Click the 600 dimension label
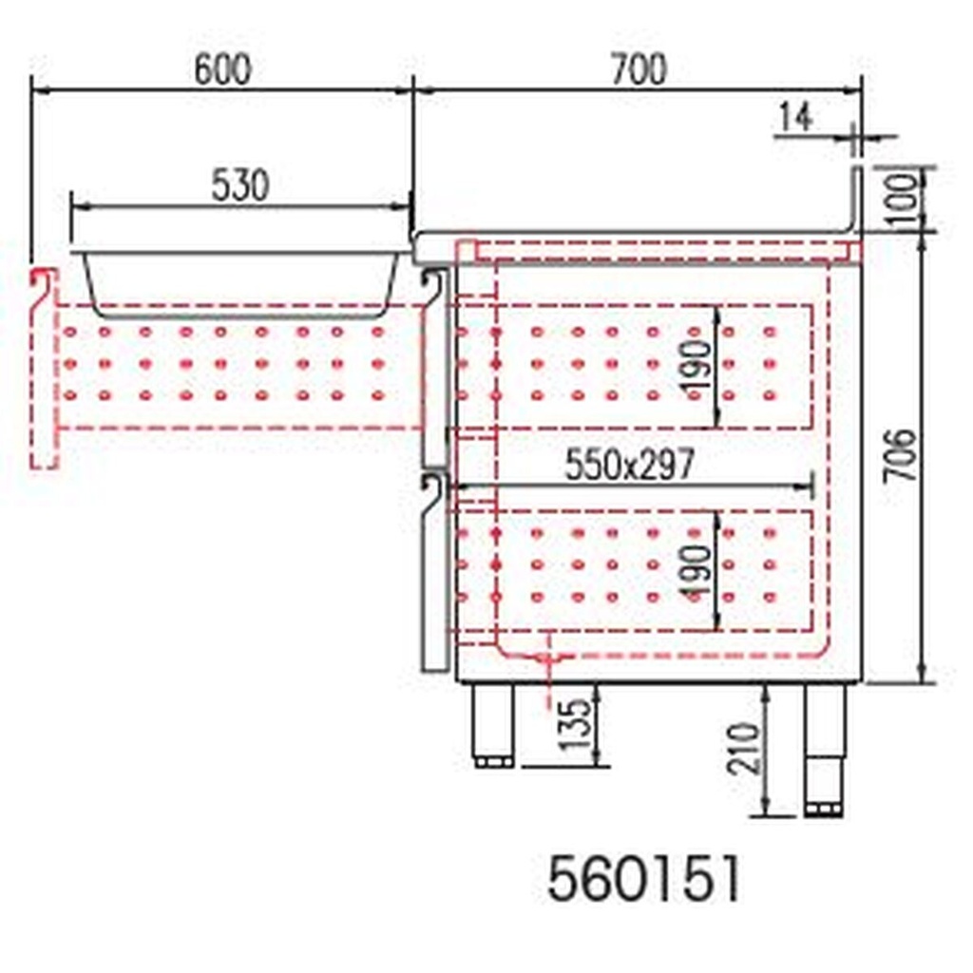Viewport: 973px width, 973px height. tap(222, 70)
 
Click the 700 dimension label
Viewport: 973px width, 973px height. tap(639, 70)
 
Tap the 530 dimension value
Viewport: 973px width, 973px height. tap(239, 186)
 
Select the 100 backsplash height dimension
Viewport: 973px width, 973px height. tap(910, 198)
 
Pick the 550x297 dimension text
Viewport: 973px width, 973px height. tap(630, 466)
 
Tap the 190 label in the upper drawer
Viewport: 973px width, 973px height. tap(696, 365)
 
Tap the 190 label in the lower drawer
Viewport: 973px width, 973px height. tap(696, 570)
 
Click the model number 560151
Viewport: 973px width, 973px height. tap(643, 879)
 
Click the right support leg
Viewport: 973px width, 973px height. tap(824, 746)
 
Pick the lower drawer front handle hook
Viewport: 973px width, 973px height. tap(433, 490)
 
